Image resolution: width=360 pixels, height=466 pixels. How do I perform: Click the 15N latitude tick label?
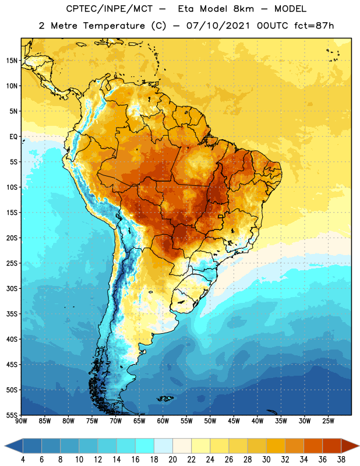click(12, 61)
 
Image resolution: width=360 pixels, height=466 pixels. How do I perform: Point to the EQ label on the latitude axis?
click(13, 137)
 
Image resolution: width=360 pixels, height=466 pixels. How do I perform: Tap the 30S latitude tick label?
click(12, 288)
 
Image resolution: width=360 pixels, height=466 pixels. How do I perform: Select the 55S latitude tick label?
click(12, 415)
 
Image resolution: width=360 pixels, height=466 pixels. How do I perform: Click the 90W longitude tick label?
click(21, 421)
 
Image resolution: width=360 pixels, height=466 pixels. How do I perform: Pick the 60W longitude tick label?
click(163, 421)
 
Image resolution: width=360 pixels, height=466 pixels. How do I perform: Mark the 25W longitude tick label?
click(328, 421)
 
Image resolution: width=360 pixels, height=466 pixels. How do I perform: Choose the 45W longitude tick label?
click(234, 421)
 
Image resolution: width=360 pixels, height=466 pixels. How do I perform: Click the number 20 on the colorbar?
click(172, 460)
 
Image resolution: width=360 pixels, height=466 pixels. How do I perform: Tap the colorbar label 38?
click(341, 460)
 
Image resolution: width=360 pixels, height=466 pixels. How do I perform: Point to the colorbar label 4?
click(23, 460)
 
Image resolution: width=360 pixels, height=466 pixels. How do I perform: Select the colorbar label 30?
click(266, 460)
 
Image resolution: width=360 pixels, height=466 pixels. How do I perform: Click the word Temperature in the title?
click(114, 26)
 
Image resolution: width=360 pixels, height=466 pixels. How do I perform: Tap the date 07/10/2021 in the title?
click(218, 26)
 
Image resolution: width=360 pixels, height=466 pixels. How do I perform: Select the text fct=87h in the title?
click(314, 26)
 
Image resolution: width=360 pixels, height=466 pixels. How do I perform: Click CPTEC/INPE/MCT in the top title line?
click(110, 9)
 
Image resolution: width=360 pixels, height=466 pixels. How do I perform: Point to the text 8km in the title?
click(243, 9)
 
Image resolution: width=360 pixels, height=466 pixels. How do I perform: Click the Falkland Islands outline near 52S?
click(165, 398)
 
